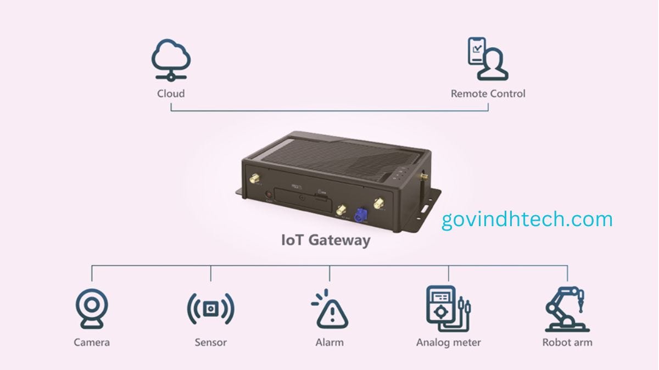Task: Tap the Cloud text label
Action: click(171, 93)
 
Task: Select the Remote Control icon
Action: click(488, 59)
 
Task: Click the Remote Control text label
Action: click(488, 93)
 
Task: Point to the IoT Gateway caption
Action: click(326, 240)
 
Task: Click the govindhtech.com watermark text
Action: click(527, 220)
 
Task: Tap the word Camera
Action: click(92, 343)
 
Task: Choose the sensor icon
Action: click(211, 309)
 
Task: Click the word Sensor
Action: click(211, 343)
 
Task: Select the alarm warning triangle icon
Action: click(329, 310)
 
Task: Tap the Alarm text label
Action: click(329, 343)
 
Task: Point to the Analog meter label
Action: click(449, 343)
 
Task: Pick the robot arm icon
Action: click(567, 309)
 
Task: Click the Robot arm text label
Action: click(567, 343)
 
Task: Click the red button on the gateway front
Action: click(269, 194)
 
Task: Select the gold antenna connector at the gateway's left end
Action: click(255, 179)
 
